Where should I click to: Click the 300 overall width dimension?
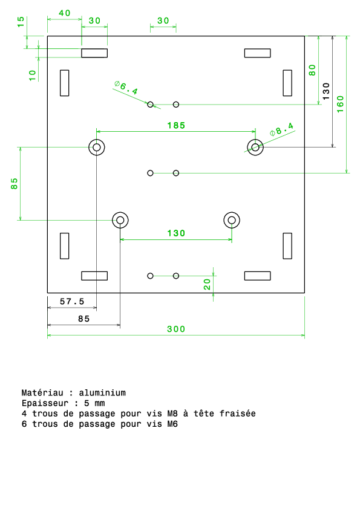[176, 329]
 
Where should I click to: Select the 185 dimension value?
[176, 126]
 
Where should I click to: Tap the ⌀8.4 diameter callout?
[281, 129]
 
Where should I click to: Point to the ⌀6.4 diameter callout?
[126, 87]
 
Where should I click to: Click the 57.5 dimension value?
[72, 302]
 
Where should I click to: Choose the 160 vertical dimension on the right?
[340, 104]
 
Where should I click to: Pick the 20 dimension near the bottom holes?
[207, 284]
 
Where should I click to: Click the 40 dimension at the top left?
[64, 13]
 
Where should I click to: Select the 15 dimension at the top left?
[21, 22]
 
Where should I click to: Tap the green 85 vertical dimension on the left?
[14, 183]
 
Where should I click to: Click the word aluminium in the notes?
[102, 393]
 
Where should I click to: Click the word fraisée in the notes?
[238, 413]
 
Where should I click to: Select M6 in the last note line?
[172, 424]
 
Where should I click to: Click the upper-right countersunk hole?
[255, 148]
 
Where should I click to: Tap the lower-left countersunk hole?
[120, 220]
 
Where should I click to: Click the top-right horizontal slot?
[257, 53]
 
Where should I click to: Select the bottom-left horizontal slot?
[94, 276]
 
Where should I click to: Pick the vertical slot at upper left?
[64, 83]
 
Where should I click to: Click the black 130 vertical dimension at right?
[326, 91]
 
